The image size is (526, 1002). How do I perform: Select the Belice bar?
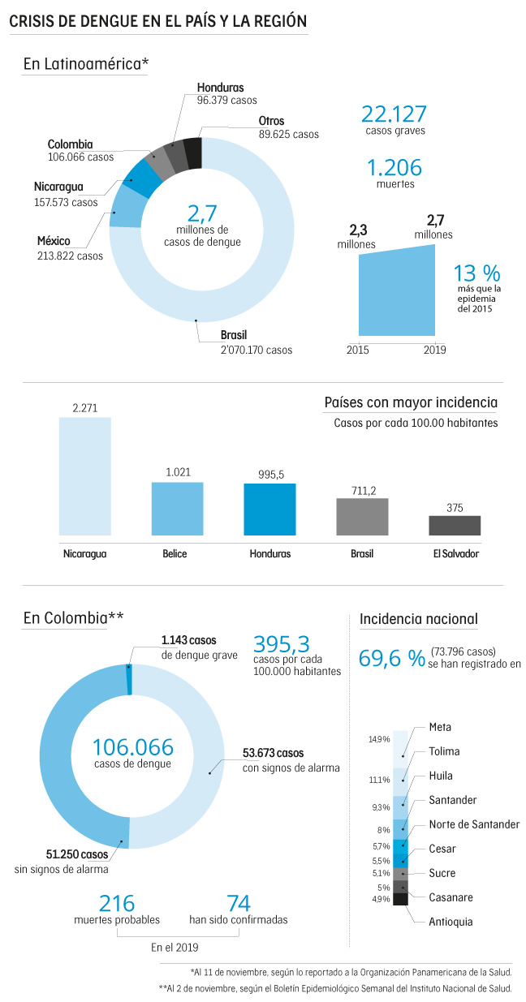pos(177,508)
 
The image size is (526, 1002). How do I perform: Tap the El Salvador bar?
pos(455,525)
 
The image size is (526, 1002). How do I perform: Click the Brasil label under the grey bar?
pos(362,553)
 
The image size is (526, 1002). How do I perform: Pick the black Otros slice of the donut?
pos(193,152)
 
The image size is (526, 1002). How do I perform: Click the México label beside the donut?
pos(54,241)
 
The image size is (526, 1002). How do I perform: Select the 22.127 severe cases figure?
pos(394,114)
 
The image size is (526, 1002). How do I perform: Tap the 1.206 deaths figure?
pos(394,168)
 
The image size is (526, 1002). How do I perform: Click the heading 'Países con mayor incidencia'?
pos(411,402)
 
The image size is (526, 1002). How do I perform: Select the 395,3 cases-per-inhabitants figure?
pos(282,644)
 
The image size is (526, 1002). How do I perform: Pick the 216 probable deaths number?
pos(116,903)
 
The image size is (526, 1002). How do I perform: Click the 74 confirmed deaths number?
pos(238,903)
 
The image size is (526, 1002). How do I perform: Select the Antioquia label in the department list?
pos(451,922)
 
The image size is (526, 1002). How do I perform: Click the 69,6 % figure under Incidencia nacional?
pos(392,658)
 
